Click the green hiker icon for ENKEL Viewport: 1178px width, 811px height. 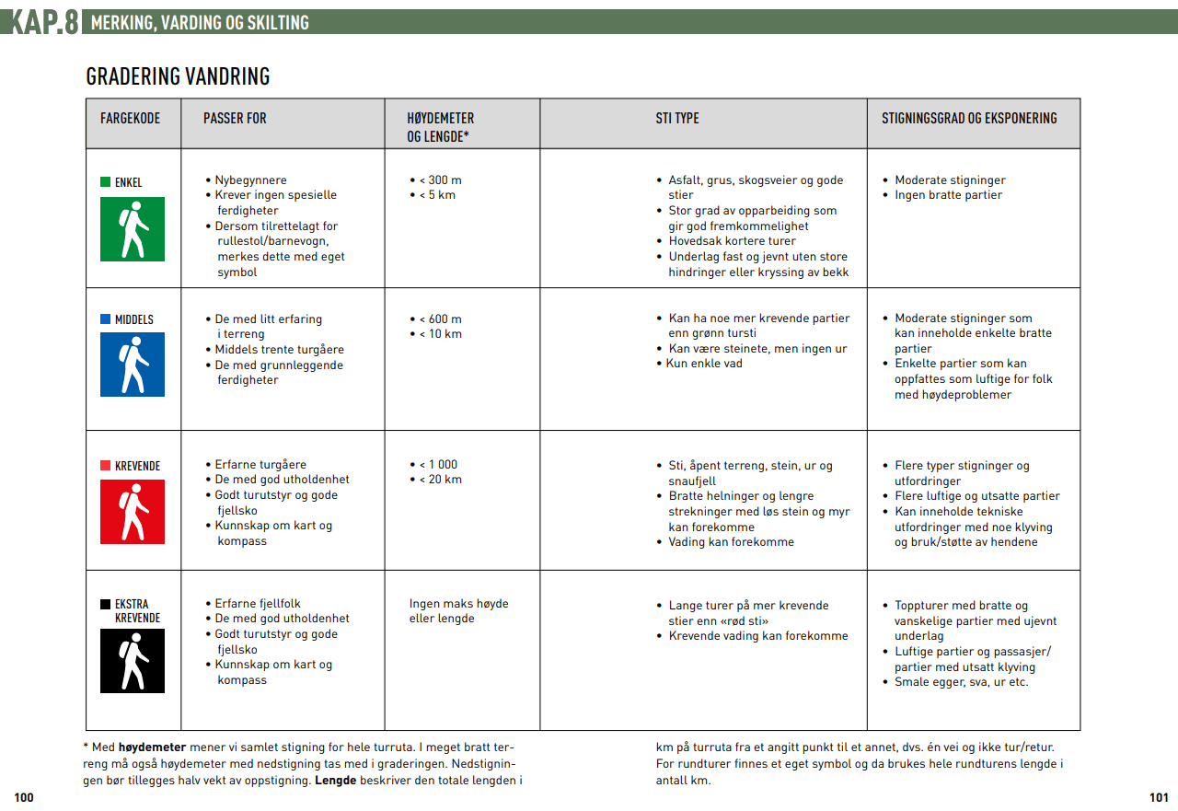click(133, 229)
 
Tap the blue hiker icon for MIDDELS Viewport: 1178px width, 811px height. click(133, 365)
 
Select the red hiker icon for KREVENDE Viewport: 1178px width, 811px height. click(133, 512)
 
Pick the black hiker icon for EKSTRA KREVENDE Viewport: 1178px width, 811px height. click(133, 661)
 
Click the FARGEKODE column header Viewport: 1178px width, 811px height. click(130, 119)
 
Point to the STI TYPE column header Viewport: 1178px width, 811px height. click(677, 119)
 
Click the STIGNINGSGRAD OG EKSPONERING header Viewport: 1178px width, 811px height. click(969, 119)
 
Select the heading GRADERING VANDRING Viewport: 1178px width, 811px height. click(178, 76)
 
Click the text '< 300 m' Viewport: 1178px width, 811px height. click(440, 180)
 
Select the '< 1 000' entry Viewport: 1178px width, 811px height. click(438, 465)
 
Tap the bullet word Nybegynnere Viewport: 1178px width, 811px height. click(250, 180)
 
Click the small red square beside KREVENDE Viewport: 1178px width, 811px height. click(105, 466)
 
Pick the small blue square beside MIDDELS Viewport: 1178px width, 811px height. click(105, 319)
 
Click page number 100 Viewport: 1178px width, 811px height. click(24, 798)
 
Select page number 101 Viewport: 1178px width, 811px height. click(1159, 798)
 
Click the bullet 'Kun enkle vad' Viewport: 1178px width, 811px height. click(704, 364)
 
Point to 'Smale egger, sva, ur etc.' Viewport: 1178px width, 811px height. click(961, 682)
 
